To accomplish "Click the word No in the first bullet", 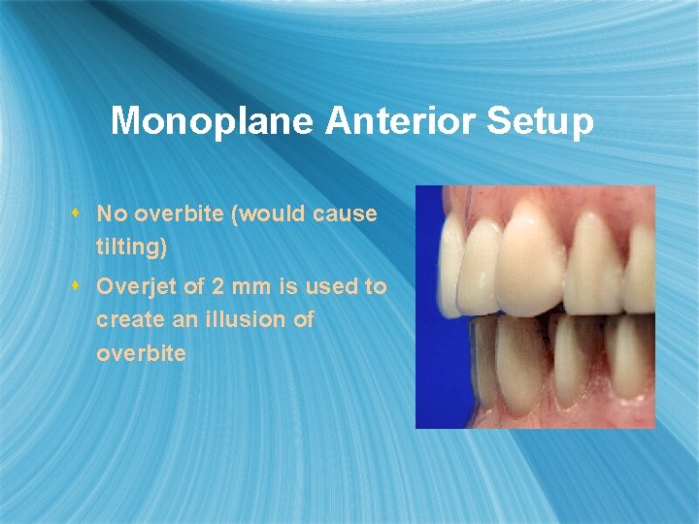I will [x=112, y=213].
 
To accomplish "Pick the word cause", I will [x=347, y=213].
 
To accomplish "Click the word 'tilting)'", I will [x=131, y=247].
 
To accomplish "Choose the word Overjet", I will [x=136, y=287].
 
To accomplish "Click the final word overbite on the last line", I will [x=141, y=353].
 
